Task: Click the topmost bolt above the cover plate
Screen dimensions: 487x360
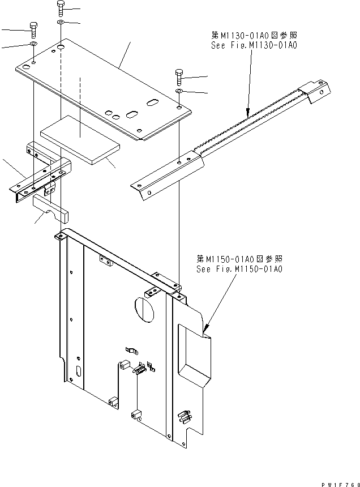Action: click(61, 8)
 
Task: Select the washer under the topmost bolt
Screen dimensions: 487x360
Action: click(61, 22)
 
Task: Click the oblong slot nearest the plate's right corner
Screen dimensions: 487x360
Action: click(153, 101)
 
